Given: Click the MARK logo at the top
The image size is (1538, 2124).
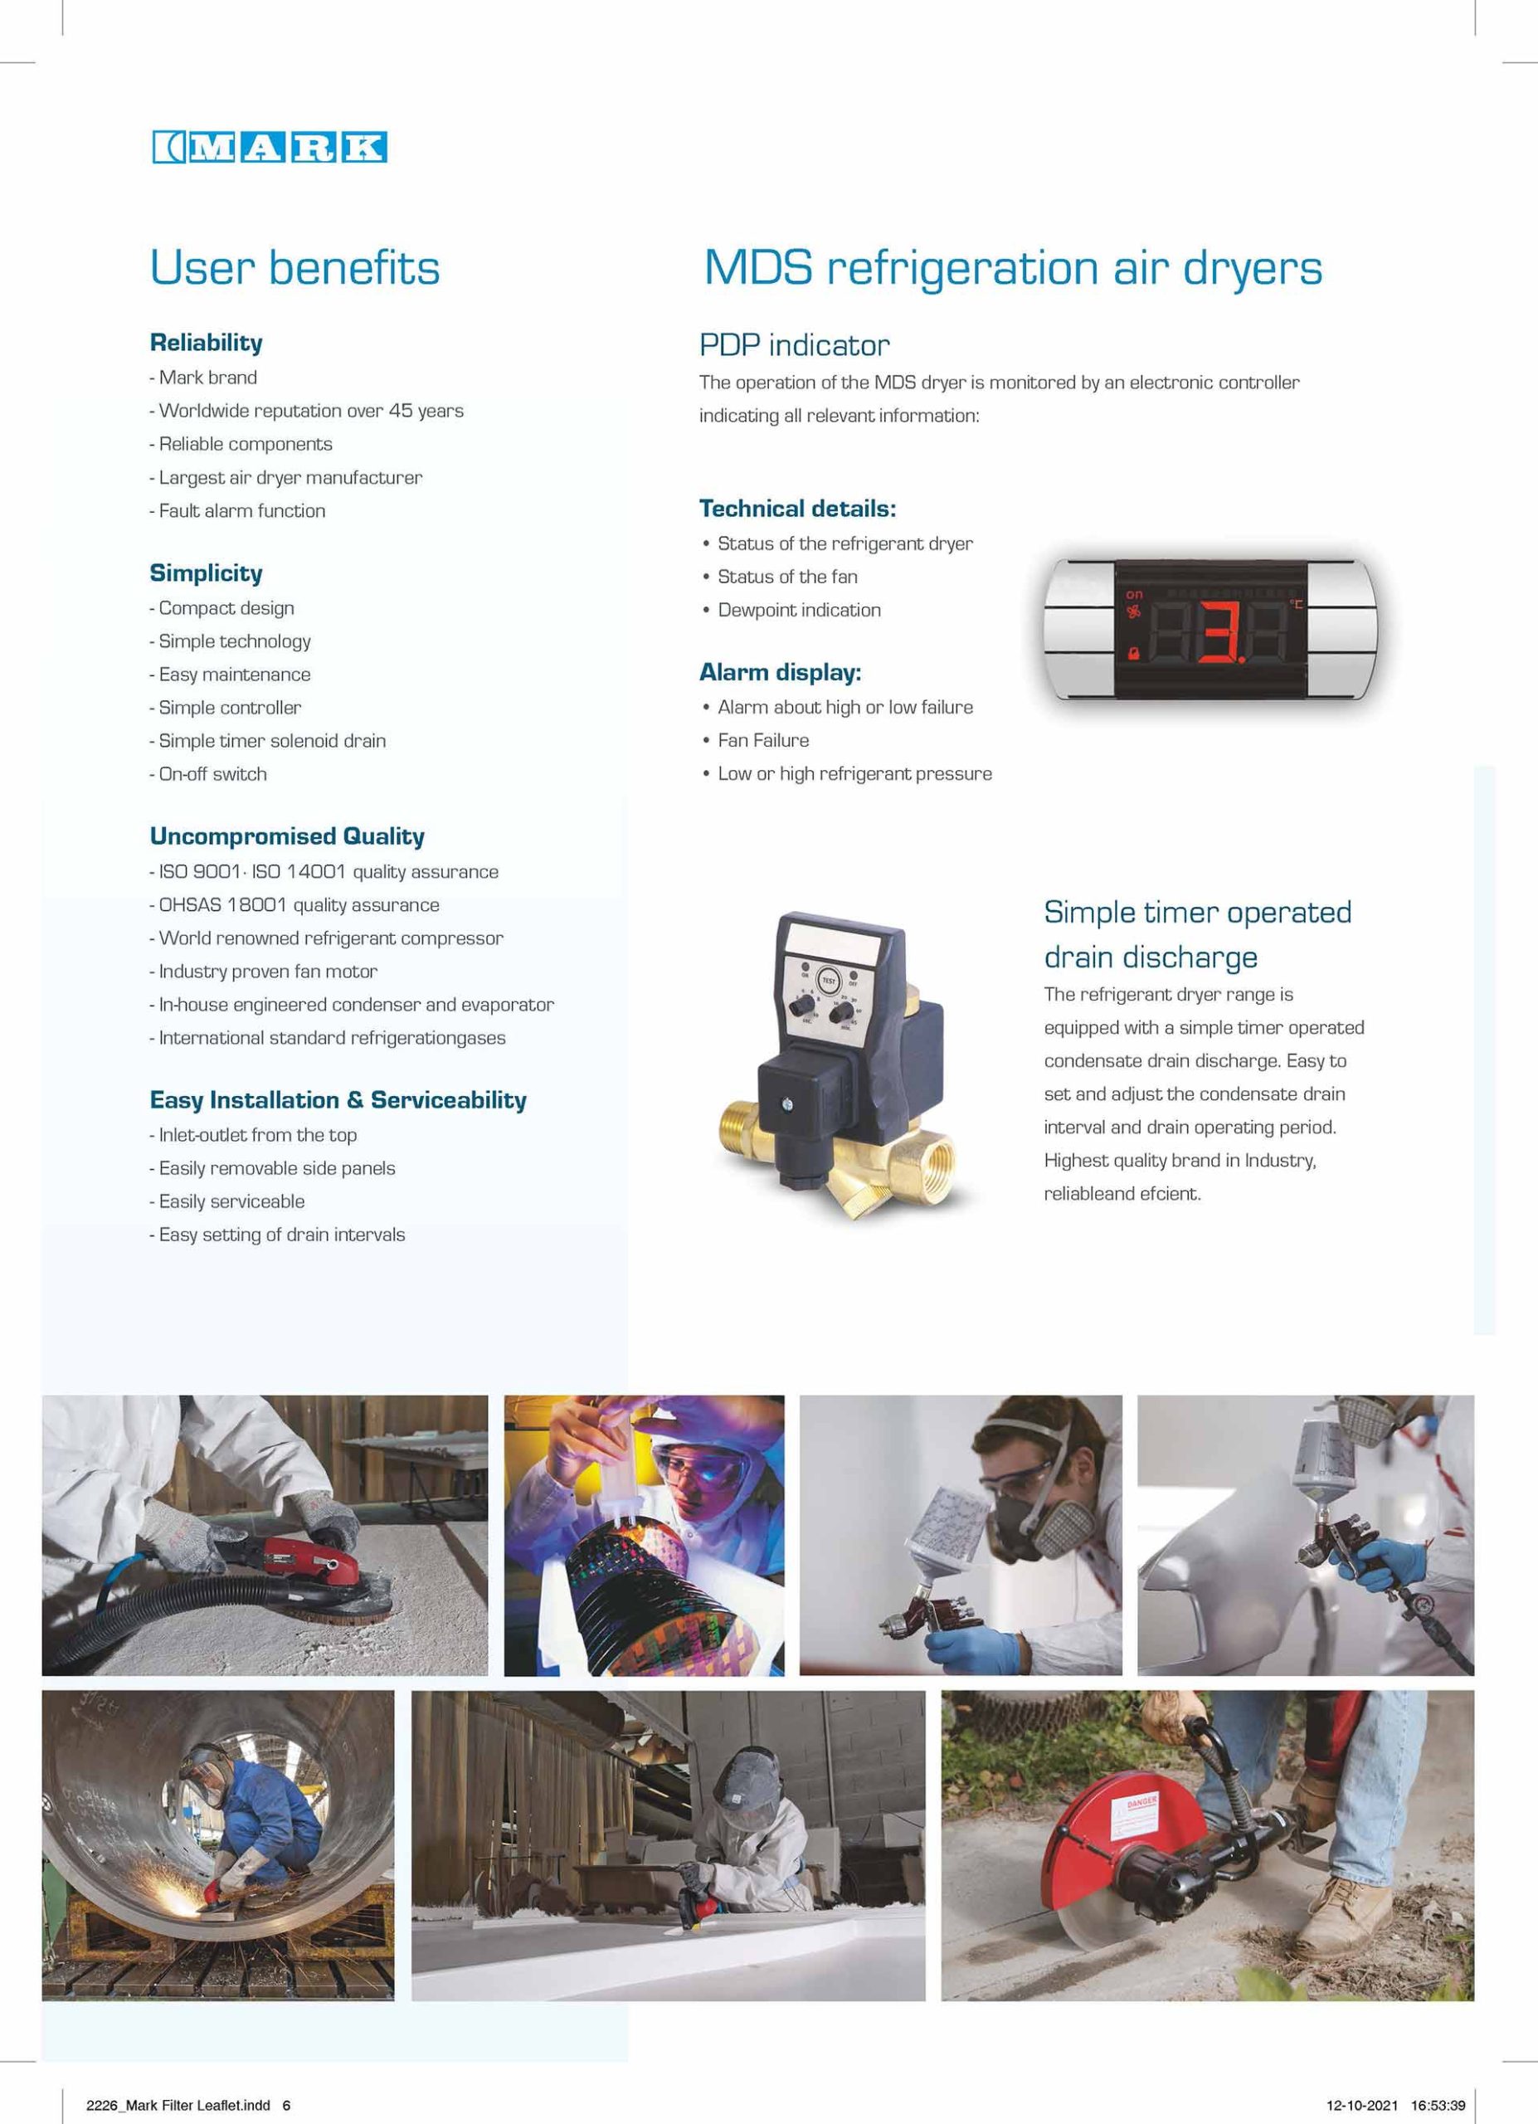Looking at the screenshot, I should (269, 147).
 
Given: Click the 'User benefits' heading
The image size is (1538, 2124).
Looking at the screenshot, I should (294, 267).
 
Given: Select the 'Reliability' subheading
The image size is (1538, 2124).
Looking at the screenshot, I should (206, 343).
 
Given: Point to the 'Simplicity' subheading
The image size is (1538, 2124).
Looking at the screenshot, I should (206, 573).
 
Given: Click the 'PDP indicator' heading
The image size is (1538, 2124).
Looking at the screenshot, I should (794, 346).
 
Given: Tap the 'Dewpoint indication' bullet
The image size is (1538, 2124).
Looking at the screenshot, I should (799, 611).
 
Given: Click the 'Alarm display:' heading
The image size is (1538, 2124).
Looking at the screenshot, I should (780, 672).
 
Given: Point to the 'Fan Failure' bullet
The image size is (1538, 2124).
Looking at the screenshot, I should (763, 741).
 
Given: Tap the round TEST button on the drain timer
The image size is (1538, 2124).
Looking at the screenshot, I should (829, 981).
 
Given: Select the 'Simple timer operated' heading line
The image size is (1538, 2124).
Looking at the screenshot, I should (1197, 912).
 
